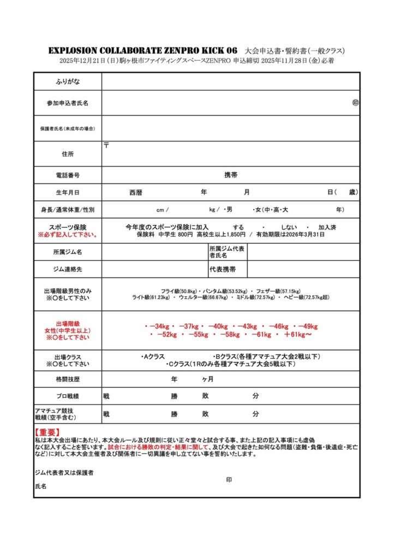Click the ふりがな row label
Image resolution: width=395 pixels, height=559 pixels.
(x=67, y=81)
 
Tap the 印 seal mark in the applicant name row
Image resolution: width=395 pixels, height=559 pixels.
(x=355, y=103)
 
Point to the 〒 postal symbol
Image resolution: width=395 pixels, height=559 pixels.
(x=106, y=145)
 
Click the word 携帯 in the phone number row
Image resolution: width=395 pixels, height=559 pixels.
(x=231, y=175)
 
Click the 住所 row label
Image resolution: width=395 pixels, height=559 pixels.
(x=67, y=154)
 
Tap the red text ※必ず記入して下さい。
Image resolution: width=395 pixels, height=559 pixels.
(x=67, y=235)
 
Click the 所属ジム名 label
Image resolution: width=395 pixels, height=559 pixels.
(x=67, y=252)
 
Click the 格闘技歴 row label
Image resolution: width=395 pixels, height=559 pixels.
(x=67, y=379)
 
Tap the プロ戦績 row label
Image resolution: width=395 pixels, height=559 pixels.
(x=67, y=396)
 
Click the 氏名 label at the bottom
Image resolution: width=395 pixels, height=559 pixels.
(x=40, y=486)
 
